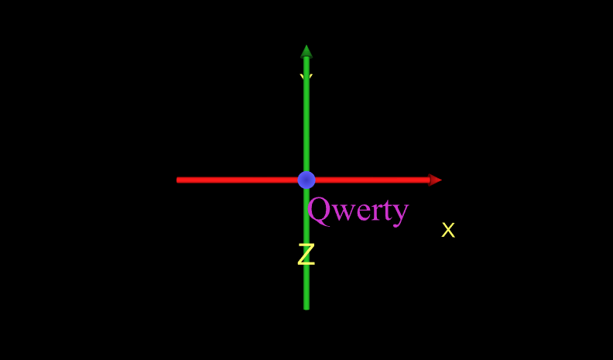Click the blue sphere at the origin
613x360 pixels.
pos(306,180)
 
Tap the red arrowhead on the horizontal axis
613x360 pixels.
pos(435,180)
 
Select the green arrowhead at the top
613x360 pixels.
pos(306,52)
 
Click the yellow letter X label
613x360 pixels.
pos(448,230)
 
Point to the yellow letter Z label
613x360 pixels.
pos(306,255)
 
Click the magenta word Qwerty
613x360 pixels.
pos(358,209)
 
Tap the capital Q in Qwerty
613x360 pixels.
pos(320,208)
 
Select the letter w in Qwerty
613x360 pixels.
pos(342,211)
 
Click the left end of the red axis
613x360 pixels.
pos(179,180)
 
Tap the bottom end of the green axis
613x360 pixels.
pos(306,307)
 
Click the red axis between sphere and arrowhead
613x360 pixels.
pos(372,180)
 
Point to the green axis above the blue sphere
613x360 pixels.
pos(306,124)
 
